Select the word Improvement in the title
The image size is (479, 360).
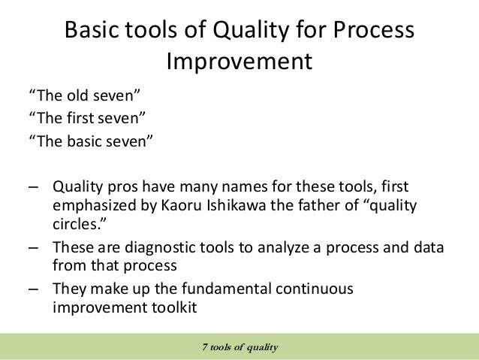point(239,62)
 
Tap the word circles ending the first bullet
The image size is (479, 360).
point(74,224)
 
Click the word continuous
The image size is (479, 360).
point(315,288)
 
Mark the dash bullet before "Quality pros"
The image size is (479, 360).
point(35,186)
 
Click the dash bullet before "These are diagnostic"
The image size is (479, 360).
point(35,247)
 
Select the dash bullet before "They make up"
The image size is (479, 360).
point(35,289)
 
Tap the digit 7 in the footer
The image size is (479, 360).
point(205,346)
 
